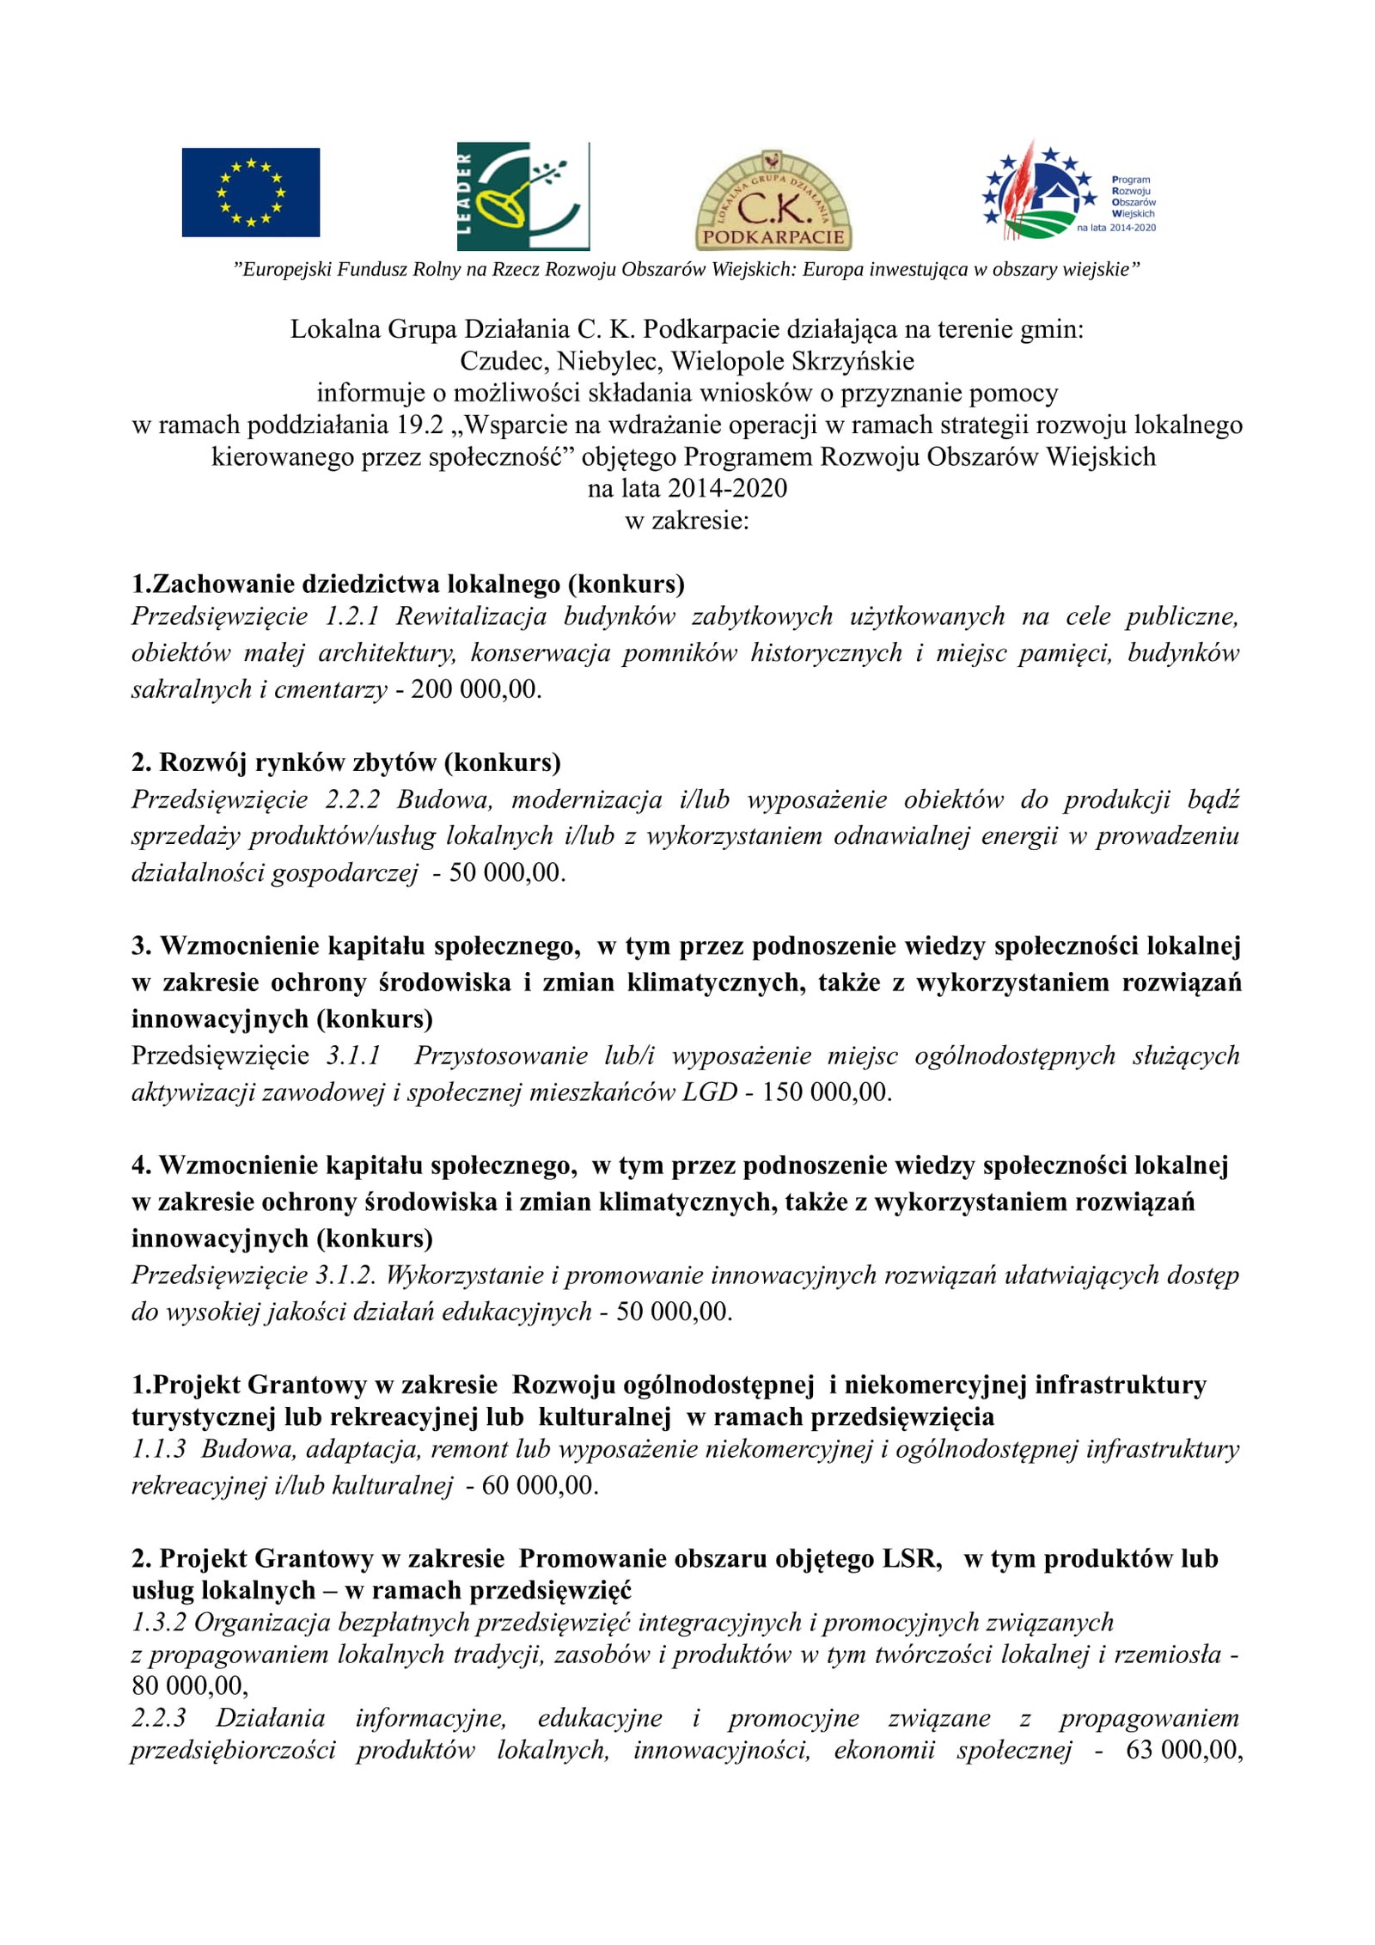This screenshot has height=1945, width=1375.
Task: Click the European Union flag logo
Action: [250, 192]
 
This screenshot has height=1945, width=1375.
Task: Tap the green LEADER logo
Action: [522, 196]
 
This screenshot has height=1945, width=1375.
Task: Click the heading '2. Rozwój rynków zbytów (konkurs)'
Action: [345, 762]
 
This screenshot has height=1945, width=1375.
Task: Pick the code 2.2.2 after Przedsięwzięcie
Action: [351, 799]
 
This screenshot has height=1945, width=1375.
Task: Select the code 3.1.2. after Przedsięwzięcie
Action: [345, 1275]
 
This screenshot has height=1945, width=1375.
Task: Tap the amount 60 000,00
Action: [538, 1485]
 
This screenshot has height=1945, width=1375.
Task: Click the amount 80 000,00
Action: [188, 1685]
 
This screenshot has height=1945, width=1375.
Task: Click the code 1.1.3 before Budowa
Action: [158, 1448]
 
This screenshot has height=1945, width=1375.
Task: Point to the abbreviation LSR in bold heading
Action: [910, 1558]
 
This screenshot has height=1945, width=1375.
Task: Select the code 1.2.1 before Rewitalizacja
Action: [351, 616]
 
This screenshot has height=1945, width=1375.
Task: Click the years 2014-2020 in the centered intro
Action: [727, 488]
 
